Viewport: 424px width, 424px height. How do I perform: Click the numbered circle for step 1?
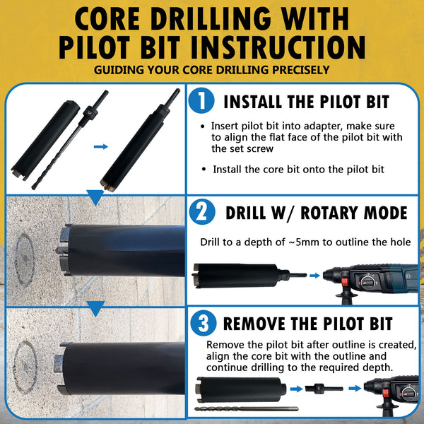tap(201, 100)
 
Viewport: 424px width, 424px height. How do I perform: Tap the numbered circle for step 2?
tap(202, 212)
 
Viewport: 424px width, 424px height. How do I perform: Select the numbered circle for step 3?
tap(204, 323)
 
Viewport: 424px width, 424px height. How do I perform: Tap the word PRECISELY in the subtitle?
tap(301, 70)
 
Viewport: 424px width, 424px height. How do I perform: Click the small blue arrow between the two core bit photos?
tap(101, 146)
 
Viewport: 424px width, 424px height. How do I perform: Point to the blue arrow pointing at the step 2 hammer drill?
tap(314, 276)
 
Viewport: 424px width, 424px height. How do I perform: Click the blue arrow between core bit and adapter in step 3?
tap(296, 389)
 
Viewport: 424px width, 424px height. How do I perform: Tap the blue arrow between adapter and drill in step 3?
tap(355, 389)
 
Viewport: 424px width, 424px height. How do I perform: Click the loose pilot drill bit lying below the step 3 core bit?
tap(247, 409)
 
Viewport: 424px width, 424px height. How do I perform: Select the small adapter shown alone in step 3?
tap(324, 389)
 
